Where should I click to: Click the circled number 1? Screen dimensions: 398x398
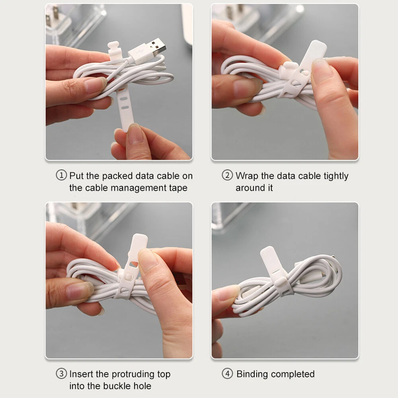61,175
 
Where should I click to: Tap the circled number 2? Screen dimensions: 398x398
227,175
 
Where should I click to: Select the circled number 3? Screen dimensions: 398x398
61,374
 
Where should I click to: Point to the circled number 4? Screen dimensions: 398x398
227,374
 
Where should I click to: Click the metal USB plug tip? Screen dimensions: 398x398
158,47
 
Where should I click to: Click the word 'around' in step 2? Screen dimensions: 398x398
250,188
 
